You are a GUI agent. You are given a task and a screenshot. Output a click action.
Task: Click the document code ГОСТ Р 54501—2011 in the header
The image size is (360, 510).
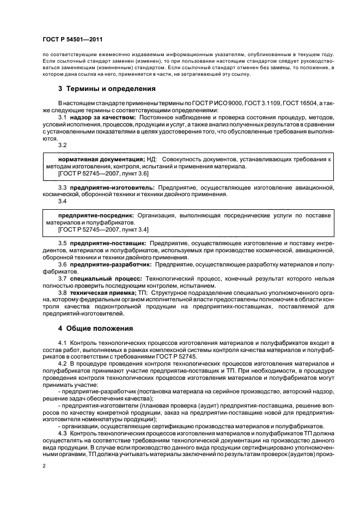72,40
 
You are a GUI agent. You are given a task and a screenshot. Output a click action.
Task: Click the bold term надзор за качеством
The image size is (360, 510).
102,117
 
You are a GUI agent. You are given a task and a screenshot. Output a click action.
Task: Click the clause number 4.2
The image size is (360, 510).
62,363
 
